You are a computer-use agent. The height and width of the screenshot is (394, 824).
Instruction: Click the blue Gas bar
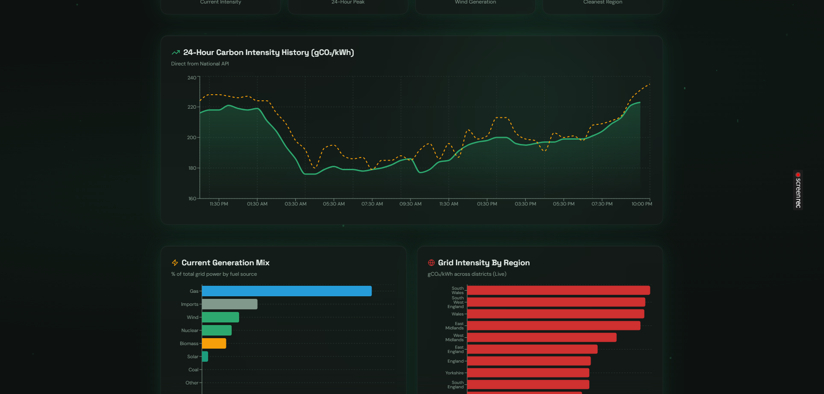tap(287, 291)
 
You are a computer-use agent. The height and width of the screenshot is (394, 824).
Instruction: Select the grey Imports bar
tap(229, 304)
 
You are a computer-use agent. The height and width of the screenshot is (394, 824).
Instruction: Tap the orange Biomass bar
tap(214, 343)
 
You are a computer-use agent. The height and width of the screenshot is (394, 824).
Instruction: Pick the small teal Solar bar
tap(205, 356)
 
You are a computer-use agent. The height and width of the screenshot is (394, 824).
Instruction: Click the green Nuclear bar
tap(216, 330)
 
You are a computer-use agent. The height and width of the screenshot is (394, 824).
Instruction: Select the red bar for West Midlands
tap(541, 337)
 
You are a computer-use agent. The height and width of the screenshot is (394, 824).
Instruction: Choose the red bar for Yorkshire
tap(528, 373)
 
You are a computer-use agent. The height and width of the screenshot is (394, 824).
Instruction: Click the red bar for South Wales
tap(558, 290)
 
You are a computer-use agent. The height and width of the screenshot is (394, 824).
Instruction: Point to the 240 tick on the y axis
tap(192, 78)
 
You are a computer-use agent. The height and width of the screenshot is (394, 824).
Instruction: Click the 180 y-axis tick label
tap(192, 168)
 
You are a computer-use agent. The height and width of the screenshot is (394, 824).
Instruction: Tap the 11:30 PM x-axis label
tap(219, 204)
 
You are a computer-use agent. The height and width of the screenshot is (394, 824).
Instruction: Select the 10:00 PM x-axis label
tap(642, 204)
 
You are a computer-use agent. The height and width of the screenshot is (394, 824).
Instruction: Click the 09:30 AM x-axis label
tap(410, 204)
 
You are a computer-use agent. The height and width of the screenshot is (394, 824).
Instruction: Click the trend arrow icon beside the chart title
tap(176, 52)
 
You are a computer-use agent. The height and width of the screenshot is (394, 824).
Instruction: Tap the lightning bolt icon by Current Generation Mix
tap(175, 263)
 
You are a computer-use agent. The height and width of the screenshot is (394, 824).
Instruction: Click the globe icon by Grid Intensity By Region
tap(431, 263)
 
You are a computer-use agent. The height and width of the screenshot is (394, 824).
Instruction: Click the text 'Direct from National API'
tap(200, 64)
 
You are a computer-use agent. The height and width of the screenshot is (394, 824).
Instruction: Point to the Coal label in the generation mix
tap(193, 370)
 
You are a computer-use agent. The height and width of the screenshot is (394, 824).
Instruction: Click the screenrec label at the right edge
tap(798, 190)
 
